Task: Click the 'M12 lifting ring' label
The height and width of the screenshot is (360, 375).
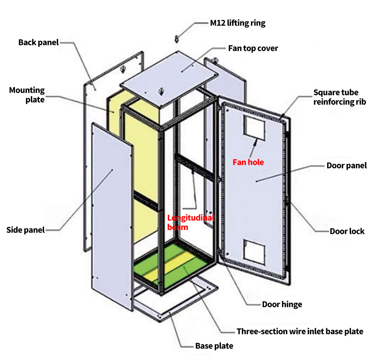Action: [237, 23]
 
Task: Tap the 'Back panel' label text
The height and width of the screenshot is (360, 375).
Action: [38, 42]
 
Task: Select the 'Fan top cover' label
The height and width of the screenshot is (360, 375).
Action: [253, 48]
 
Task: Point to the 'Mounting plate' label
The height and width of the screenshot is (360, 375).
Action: [27, 95]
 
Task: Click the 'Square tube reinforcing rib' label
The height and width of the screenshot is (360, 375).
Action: [339, 97]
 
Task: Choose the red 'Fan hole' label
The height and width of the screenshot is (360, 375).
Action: [248, 162]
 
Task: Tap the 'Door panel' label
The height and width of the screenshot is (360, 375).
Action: [347, 165]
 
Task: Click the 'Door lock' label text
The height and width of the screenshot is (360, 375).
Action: [347, 231]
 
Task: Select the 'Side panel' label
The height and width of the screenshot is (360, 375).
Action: [26, 230]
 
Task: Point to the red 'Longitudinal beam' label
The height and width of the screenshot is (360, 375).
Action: [191, 222]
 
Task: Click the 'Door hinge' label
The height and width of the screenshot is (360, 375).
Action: [282, 304]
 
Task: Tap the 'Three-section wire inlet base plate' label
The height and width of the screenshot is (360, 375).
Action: [300, 332]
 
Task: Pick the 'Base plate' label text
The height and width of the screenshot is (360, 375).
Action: [214, 346]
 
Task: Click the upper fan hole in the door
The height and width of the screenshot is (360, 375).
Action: [254, 126]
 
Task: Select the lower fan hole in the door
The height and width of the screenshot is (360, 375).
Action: [254, 250]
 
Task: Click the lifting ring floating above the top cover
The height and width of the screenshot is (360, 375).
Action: [177, 39]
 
